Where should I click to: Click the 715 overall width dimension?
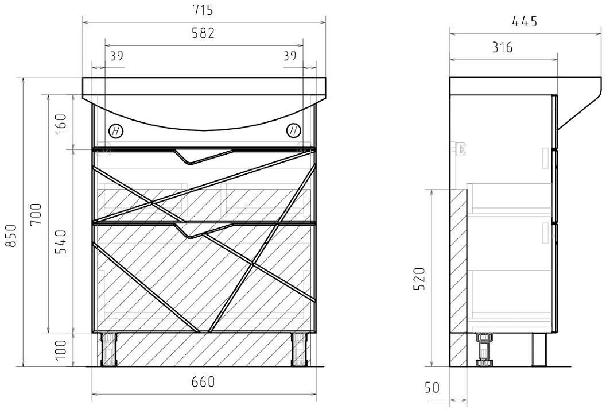203,10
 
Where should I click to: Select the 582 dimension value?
203,33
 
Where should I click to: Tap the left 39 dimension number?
116,56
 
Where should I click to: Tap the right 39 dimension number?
290,56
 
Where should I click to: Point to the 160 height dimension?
61,123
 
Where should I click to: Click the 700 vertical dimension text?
36,214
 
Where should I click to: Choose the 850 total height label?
11,236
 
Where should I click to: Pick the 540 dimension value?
61,241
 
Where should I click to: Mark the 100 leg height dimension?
61,350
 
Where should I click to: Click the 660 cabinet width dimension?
203,382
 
